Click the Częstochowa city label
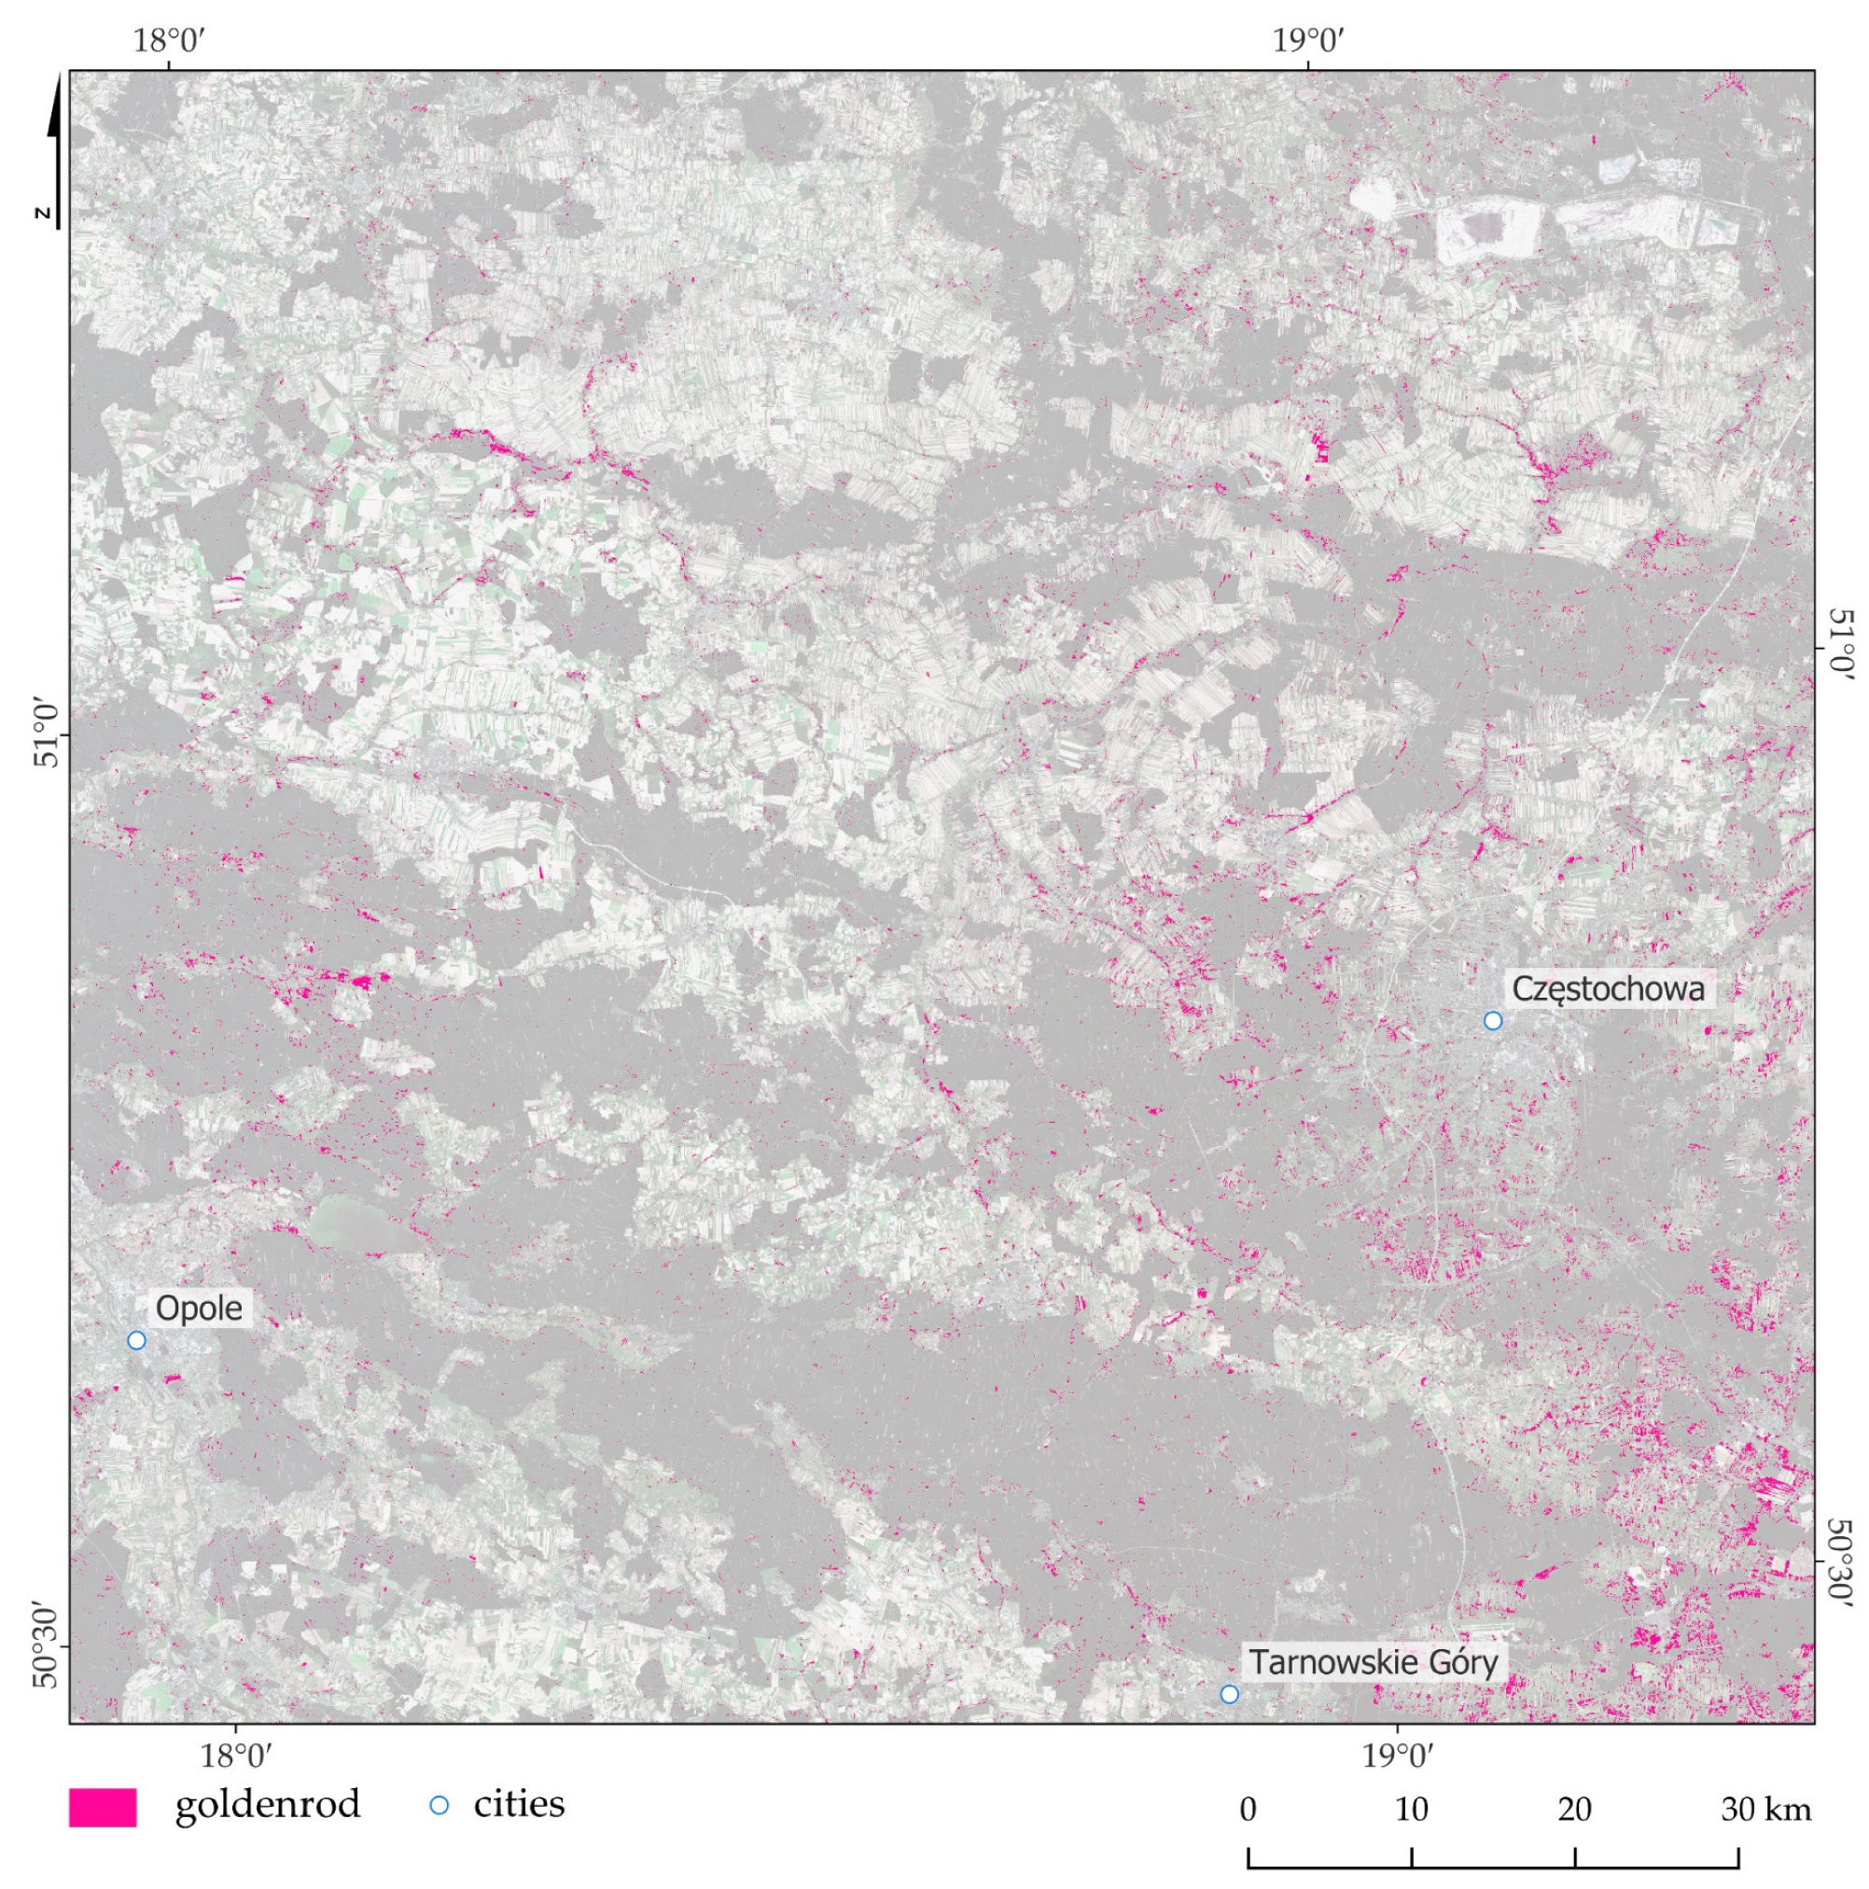tap(1607, 988)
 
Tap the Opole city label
tap(199, 1308)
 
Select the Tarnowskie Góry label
tap(1373, 1661)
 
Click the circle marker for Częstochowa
tap(1492, 1021)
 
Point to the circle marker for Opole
tap(136, 1339)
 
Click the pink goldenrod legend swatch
tap(102, 1807)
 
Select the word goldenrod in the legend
tap(267, 1804)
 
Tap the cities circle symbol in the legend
tap(439, 1805)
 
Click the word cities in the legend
tap(518, 1804)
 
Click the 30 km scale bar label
tap(1765, 1809)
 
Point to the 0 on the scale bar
tap(1248, 1809)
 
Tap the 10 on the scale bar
tap(1411, 1809)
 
